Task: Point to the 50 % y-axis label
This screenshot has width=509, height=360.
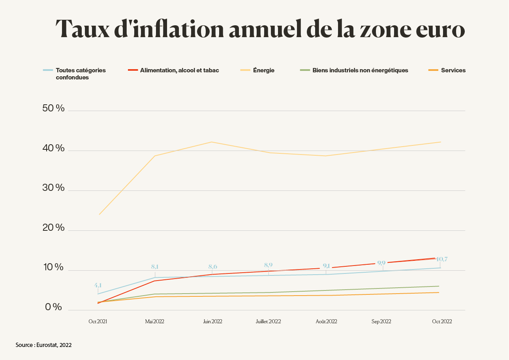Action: [53, 108]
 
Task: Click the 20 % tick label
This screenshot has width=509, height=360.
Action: [53, 228]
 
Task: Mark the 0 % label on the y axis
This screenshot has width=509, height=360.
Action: [53, 307]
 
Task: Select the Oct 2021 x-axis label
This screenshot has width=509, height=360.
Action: [98, 322]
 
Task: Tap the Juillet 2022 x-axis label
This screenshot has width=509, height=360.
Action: [268, 322]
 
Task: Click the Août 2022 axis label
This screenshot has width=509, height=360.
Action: [326, 322]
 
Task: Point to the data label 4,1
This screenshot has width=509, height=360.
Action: [98, 285]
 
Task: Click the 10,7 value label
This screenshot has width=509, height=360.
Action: [441, 259]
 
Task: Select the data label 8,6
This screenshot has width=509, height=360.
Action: [212, 267]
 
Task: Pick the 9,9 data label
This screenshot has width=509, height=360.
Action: [381, 263]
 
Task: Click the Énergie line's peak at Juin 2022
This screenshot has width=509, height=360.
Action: [212, 142]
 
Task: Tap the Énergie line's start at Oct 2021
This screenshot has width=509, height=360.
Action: [99, 215]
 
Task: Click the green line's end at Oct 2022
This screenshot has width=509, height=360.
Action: [439, 286]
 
